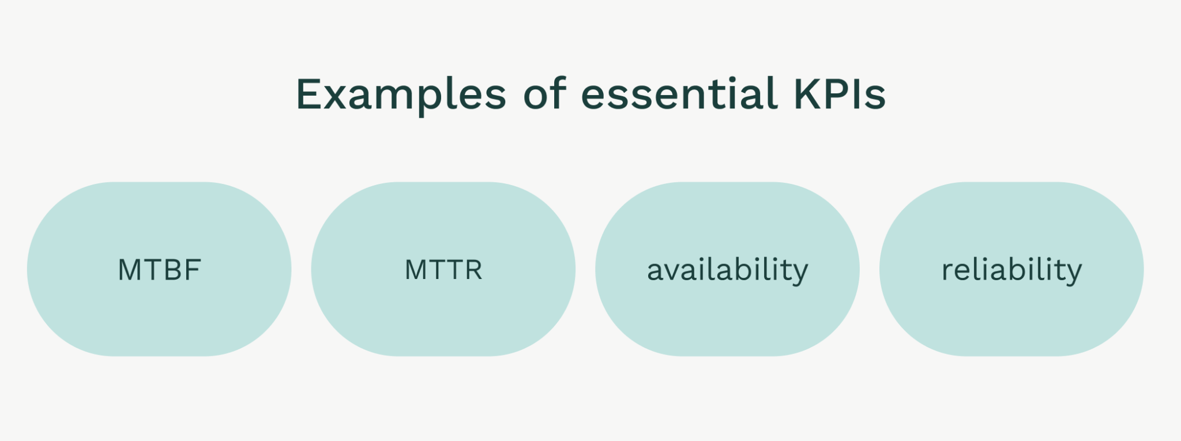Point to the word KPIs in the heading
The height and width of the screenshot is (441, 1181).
click(840, 93)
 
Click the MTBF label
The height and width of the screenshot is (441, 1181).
click(159, 270)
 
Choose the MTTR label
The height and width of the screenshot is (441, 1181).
click(443, 270)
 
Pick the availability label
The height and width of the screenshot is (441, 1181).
click(728, 271)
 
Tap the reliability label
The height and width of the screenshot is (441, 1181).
click(1012, 271)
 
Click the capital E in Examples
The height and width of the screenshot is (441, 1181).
click(310, 94)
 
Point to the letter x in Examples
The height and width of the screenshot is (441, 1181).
click(341, 97)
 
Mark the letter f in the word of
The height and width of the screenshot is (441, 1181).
click(558, 93)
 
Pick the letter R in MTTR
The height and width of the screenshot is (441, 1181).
click(473, 270)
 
